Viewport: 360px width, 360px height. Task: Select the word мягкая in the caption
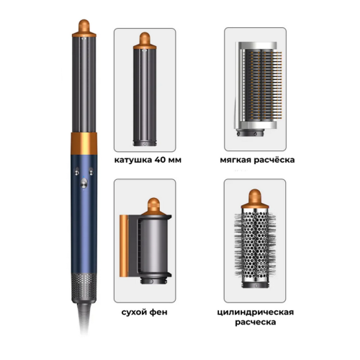[235, 160]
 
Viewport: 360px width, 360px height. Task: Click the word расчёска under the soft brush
[274, 160]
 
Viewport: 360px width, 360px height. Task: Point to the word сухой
[134, 312]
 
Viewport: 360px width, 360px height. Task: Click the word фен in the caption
[158, 312]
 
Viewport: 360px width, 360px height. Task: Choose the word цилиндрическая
[256, 312]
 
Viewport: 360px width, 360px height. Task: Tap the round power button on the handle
[84, 184]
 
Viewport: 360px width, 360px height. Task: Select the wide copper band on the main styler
[84, 143]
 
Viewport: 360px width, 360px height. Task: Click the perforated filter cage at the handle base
[84, 286]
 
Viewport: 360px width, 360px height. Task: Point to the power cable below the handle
[84, 317]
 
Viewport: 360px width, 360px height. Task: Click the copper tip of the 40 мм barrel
[145, 40]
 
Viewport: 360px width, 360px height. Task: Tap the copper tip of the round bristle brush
[255, 199]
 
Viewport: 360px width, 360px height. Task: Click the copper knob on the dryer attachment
[153, 206]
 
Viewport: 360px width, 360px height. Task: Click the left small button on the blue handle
[77, 172]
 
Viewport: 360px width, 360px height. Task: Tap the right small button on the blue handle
[91, 172]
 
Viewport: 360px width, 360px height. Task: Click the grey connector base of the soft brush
[251, 132]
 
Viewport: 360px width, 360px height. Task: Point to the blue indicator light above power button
[84, 178]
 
